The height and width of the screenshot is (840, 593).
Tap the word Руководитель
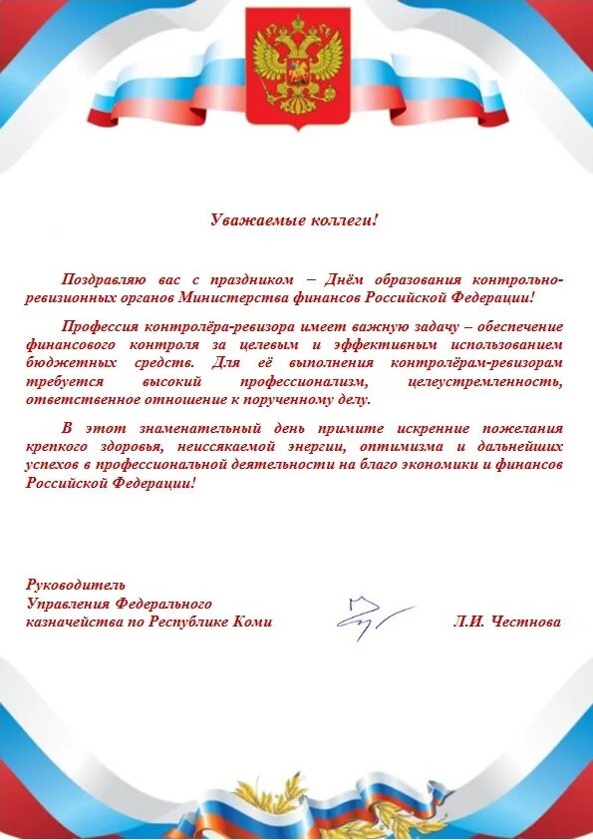click(76, 585)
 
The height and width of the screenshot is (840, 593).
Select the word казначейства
click(68, 622)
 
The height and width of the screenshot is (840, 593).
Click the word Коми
click(254, 622)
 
